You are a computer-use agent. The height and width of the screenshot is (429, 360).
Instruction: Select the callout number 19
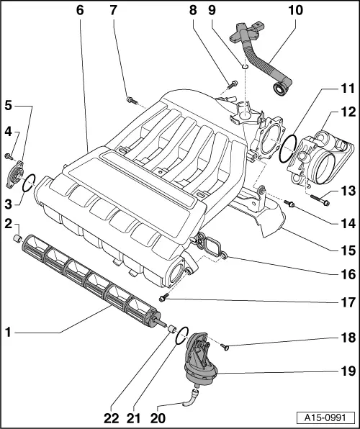[x=348, y=372]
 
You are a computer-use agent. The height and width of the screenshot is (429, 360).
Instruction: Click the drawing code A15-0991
[x=328, y=417]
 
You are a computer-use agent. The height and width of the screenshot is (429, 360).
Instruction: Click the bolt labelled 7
[x=131, y=100]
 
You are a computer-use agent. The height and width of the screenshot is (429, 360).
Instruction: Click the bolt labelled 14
[x=289, y=204]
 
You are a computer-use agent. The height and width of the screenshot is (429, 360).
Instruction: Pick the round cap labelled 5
[x=17, y=173]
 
